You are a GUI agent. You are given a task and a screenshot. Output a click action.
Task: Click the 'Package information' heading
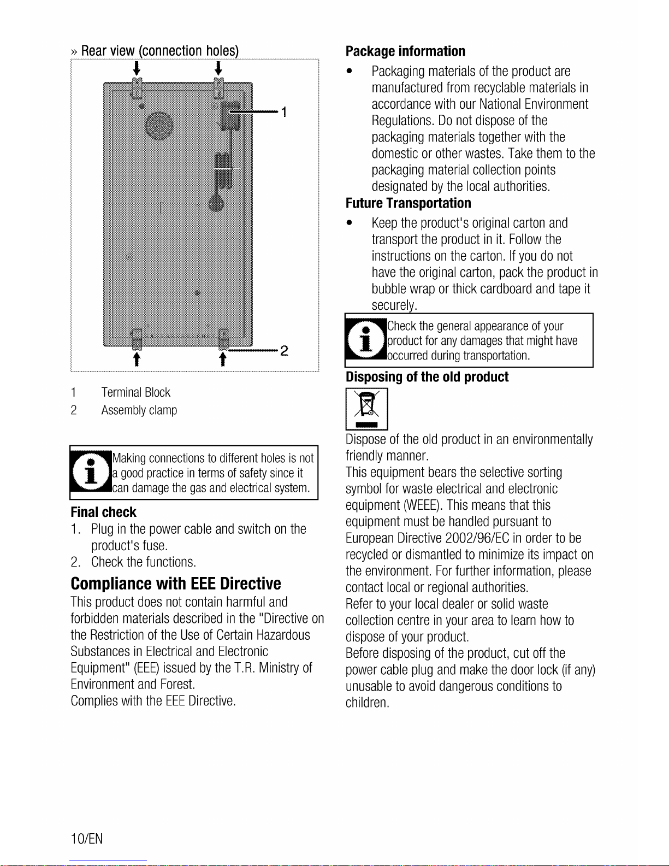[x=405, y=51]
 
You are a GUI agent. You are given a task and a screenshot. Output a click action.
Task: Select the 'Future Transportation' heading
[x=408, y=203]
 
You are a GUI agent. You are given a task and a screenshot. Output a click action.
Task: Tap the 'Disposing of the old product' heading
[x=427, y=377]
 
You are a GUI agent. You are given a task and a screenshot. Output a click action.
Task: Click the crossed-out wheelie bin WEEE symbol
[x=366, y=409]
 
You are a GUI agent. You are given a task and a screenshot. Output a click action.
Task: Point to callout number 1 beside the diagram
[x=283, y=113]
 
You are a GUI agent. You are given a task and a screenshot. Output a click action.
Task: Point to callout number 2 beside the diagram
[x=284, y=351]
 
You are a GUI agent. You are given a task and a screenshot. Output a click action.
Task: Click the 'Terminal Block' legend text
[x=135, y=392]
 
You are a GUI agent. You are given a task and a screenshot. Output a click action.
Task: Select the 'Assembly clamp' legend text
[x=139, y=410]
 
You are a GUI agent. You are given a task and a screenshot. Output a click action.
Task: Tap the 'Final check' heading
[x=103, y=512]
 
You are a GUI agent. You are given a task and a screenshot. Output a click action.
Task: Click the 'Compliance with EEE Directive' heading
[x=175, y=584]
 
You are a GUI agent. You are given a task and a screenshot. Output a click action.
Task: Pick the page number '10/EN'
[x=86, y=839]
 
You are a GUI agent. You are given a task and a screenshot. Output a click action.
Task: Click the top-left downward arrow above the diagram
[x=137, y=69]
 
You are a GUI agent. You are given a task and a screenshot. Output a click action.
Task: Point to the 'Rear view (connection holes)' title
[x=159, y=51]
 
